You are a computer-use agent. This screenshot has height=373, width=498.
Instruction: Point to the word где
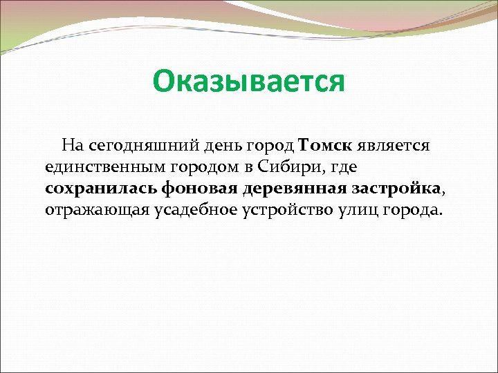pos(341,167)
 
